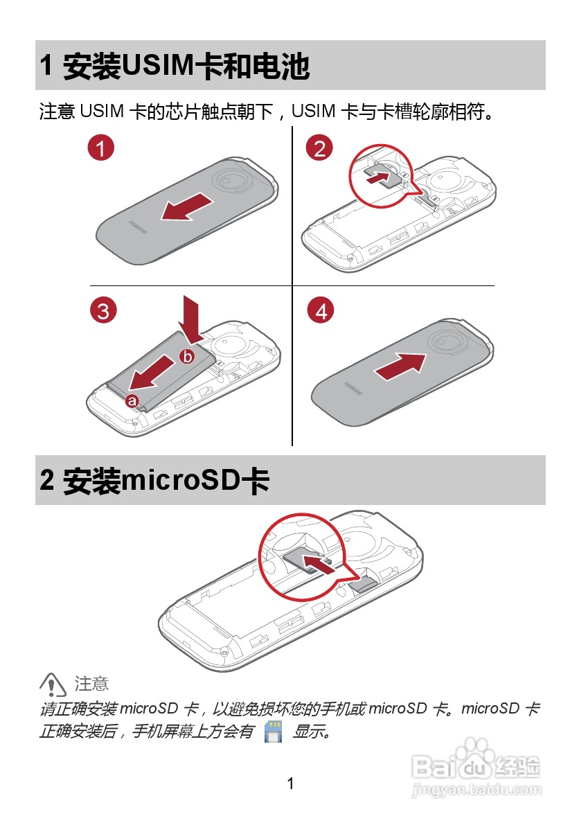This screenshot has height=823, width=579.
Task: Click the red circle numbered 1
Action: [101, 148]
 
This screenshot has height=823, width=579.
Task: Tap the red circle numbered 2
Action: [320, 148]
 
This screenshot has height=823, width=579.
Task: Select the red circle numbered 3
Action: [103, 310]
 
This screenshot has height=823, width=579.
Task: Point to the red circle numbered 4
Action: [321, 310]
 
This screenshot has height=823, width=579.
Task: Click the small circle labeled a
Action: [132, 401]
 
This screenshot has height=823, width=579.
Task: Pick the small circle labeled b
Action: [187, 356]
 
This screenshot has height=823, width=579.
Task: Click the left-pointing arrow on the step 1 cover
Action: [187, 207]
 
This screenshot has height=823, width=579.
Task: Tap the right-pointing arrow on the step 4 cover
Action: [400, 366]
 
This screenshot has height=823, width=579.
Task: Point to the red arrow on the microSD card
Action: [318, 565]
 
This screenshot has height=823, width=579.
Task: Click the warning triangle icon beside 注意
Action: [53, 684]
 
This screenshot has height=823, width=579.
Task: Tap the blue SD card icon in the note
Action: [274, 731]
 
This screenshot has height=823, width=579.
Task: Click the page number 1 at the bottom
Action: [290, 784]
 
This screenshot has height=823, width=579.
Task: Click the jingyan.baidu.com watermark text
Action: [476, 789]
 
